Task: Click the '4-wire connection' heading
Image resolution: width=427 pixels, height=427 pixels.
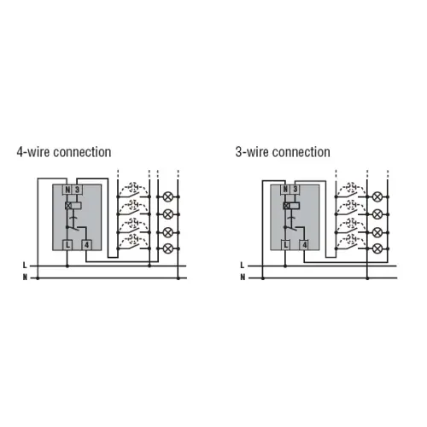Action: point(64,152)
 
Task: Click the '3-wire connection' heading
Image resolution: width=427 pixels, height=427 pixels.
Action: point(283,152)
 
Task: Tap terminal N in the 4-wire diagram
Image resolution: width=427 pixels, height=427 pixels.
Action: point(67,190)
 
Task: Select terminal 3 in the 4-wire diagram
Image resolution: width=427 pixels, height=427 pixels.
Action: point(77,190)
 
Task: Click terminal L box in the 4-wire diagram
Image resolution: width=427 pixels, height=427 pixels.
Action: point(67,245)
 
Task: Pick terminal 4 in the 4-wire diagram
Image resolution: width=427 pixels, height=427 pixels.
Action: point(86,245)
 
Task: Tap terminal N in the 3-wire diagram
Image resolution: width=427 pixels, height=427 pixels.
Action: point(285,190)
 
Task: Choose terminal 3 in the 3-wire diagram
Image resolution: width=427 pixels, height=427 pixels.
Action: point(295,190)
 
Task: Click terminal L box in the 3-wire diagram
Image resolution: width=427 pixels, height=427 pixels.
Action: point(285,245)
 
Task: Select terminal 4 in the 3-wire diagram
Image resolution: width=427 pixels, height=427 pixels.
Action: point(305,245)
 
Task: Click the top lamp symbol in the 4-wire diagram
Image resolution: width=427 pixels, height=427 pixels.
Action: point(168,196)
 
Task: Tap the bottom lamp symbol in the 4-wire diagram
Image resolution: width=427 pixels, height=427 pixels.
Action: point(168,249)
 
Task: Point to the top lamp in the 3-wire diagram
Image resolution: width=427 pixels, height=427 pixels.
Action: point(377,196)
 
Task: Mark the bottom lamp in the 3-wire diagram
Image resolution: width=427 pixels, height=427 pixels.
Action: point(377,249)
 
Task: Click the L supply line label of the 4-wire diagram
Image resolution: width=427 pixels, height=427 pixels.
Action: point(25,266)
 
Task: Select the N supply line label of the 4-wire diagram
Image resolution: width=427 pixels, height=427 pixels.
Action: point(25,278)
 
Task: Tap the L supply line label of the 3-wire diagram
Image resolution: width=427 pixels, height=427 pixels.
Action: point(243,266)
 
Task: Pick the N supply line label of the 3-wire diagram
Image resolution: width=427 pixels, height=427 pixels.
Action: point(243,278)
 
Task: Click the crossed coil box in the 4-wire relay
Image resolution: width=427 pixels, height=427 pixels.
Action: point(68,205)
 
